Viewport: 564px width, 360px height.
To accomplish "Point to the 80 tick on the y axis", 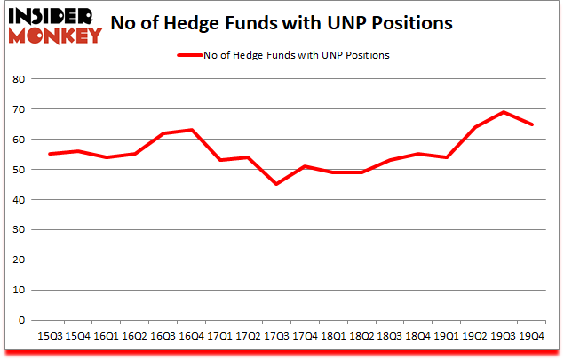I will click(x=17, y=79).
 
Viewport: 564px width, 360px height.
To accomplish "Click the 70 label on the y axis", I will click(x=17, y=109).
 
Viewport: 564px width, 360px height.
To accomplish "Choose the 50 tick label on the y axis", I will click(x=17, y=170).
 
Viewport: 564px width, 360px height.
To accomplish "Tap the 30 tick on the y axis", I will click(x=17, y=230).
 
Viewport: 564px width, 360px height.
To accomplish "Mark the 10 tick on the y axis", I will click(x=17, y=291).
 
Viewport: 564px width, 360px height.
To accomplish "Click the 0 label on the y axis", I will click(x=20, y=321).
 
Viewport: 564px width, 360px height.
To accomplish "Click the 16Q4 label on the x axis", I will click(x=191, y=337).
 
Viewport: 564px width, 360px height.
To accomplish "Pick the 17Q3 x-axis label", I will click(x=276, y=337).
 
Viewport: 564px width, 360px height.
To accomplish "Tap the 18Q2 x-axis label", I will click(x=361, y=337).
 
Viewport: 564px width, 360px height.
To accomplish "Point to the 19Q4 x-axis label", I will click(x=532, y=337).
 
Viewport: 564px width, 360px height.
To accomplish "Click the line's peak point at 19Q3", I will click(x=504, y=112).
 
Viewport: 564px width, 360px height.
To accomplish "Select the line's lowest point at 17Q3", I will click(x=276, y=184).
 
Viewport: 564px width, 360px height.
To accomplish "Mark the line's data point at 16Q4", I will click(x=191, y=130).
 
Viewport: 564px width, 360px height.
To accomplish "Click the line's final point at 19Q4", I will click(x=532, y=124).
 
